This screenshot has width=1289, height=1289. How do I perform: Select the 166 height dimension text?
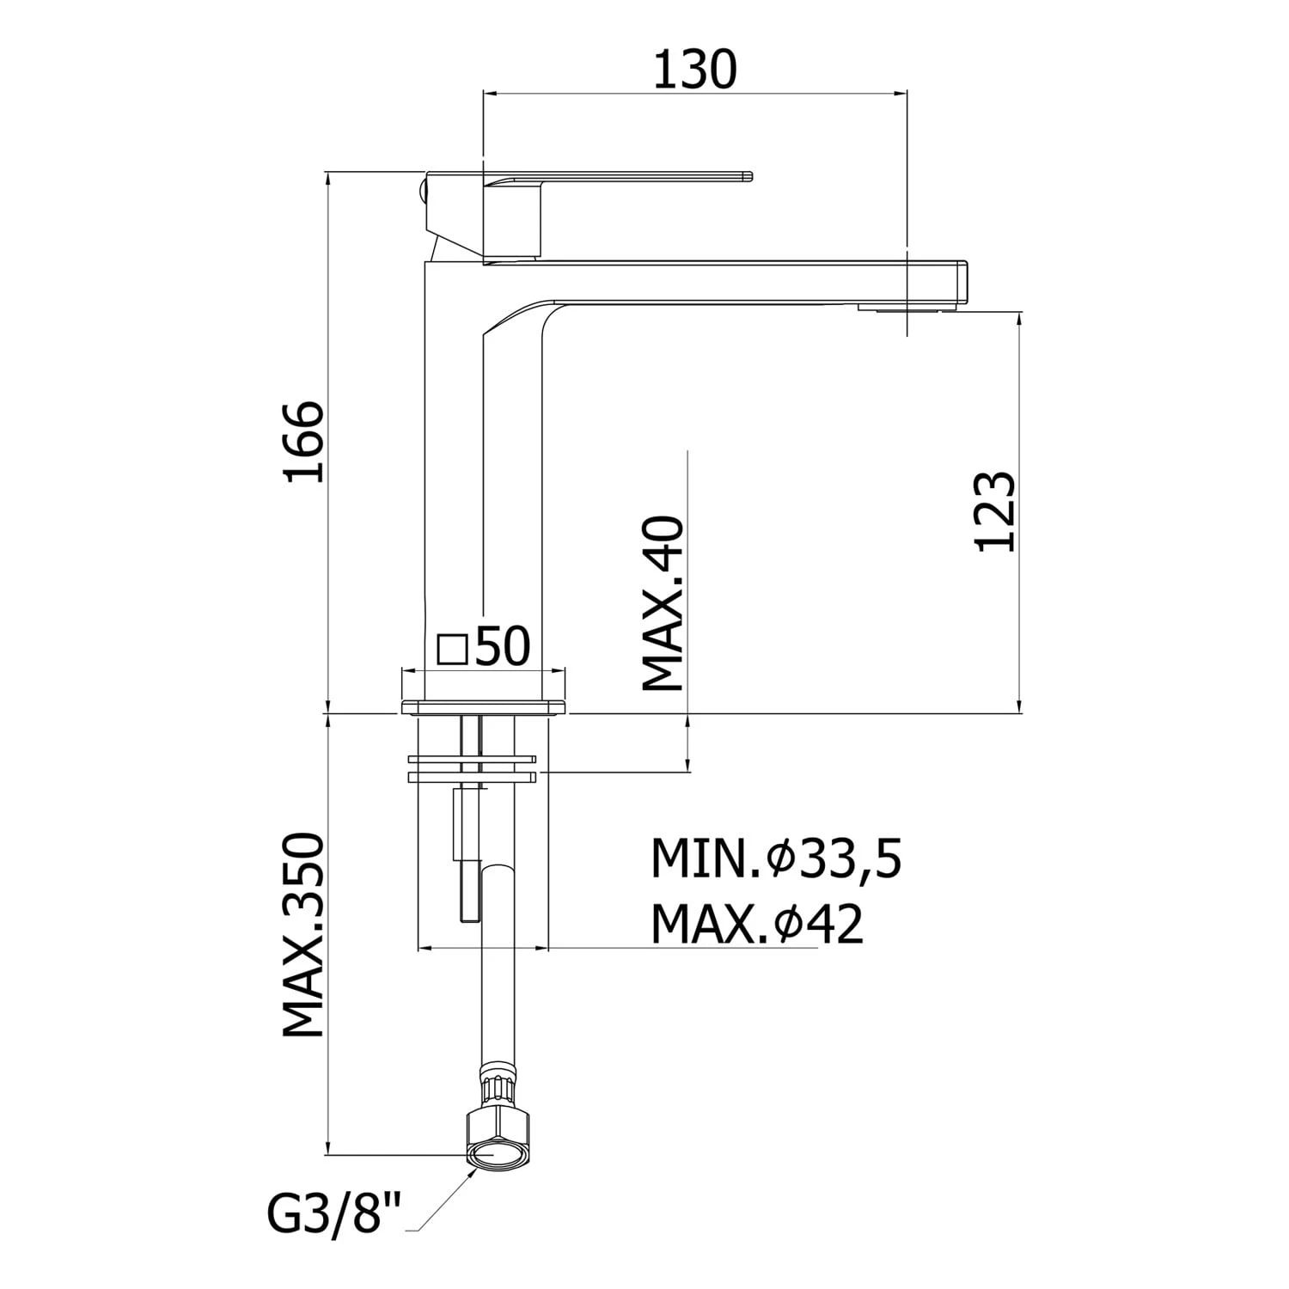(x=306, y=441)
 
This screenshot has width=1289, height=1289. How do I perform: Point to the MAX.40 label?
(x=663, y=603)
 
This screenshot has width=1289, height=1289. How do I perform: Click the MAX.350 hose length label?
(x=304, y=934)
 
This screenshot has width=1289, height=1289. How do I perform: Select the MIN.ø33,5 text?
(x=777, y=859)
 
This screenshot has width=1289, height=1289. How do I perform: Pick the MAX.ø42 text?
(x=757, y=924)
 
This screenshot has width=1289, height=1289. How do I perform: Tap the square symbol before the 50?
(x=452, y=650)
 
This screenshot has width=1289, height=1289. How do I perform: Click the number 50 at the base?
(x=503, y=647)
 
